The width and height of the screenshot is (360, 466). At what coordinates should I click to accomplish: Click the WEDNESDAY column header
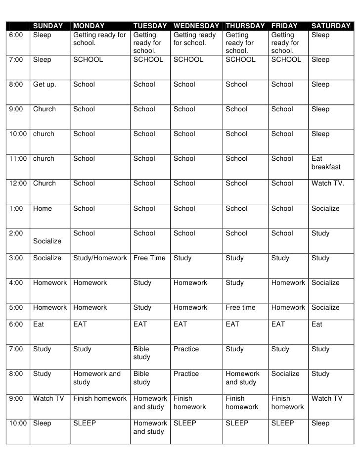click(x=196, y=26)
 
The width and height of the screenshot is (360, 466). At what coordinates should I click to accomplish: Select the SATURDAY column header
click(x=331, y=26)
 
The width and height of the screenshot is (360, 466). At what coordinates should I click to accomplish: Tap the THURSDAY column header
click(x=245, y=26)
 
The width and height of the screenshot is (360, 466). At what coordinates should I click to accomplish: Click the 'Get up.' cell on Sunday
click(x=45, y=85)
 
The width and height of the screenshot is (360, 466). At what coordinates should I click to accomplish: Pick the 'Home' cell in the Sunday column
click(x=43, y=208)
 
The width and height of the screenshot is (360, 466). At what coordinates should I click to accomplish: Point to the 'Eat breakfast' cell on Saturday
click(x=326, y=163)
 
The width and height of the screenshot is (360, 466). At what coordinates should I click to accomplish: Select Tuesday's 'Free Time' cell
click(x=149, y=258)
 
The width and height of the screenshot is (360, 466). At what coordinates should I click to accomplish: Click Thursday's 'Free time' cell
click(x=241, y=307)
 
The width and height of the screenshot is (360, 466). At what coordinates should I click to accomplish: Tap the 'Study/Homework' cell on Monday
click(x=100, y=258)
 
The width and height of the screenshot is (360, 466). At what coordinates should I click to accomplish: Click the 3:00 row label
click(x=17, y=258)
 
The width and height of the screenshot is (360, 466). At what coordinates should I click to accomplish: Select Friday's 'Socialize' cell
click(x=285, y=374)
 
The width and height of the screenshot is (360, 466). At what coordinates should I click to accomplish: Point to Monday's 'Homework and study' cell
click(x=97, y=378)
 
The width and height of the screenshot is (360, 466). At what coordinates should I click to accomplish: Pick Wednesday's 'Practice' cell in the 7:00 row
click(x=185, y=349)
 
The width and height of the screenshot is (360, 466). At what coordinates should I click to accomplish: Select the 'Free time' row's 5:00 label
click(x=17, y=307)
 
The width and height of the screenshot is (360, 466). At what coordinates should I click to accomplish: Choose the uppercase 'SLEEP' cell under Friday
click(x=282, y=423)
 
